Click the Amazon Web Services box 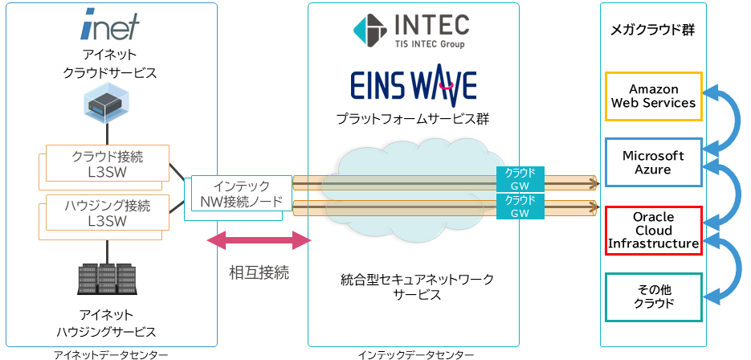click(x=653, y=96)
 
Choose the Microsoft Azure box click(x=653, y=162)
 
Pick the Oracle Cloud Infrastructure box click(x=653, y=230)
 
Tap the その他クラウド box click(x=653, y=297)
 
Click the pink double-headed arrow click(x=259, y=240)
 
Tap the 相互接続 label click(x=259, y=272)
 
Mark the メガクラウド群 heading click(x=653, y=31)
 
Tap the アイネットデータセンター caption click(x=111, y=354)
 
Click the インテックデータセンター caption click(x=416, y=354)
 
